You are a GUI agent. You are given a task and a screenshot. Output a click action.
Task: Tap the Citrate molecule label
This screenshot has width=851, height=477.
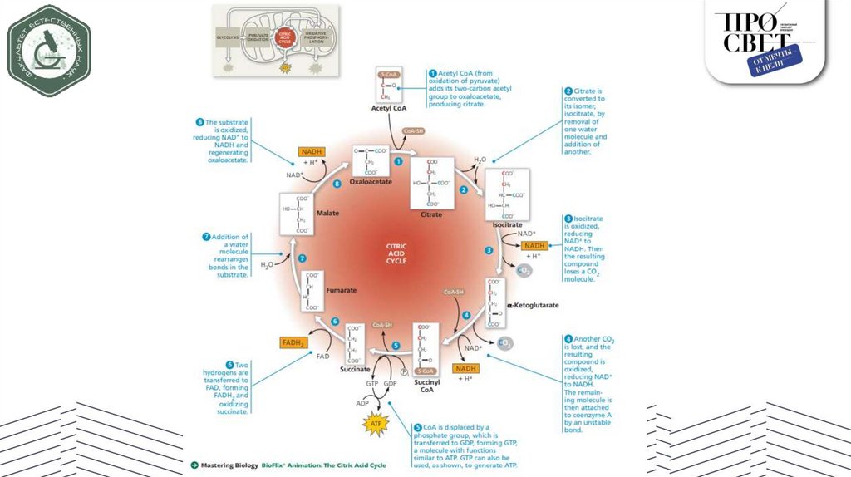coord(431,214)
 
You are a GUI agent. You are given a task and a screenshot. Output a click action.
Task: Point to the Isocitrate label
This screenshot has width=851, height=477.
coord(507,225)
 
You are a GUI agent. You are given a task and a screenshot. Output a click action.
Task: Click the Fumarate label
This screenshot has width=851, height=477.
coord(341,290)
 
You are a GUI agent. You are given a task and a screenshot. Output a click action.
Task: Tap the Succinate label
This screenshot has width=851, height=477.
coord(355,368)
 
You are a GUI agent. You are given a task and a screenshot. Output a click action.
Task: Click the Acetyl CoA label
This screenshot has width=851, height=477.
coord(387,109)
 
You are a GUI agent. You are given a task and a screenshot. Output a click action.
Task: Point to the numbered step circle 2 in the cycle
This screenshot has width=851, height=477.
coord(464,189)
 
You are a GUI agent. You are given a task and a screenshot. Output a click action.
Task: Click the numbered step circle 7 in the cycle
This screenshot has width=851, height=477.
coord(303,258)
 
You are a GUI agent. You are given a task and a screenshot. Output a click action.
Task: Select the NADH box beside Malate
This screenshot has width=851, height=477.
coord(312,152)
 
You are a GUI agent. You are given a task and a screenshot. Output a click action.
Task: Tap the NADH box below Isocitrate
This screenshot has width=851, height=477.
coord(534,245)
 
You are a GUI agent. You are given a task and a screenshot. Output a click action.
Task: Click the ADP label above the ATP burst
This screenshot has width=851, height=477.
coord(362,403)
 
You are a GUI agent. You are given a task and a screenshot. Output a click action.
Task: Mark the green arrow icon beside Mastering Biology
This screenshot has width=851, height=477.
coord(194,465)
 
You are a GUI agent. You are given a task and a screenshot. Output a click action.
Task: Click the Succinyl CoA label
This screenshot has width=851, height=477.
coord(425,385)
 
